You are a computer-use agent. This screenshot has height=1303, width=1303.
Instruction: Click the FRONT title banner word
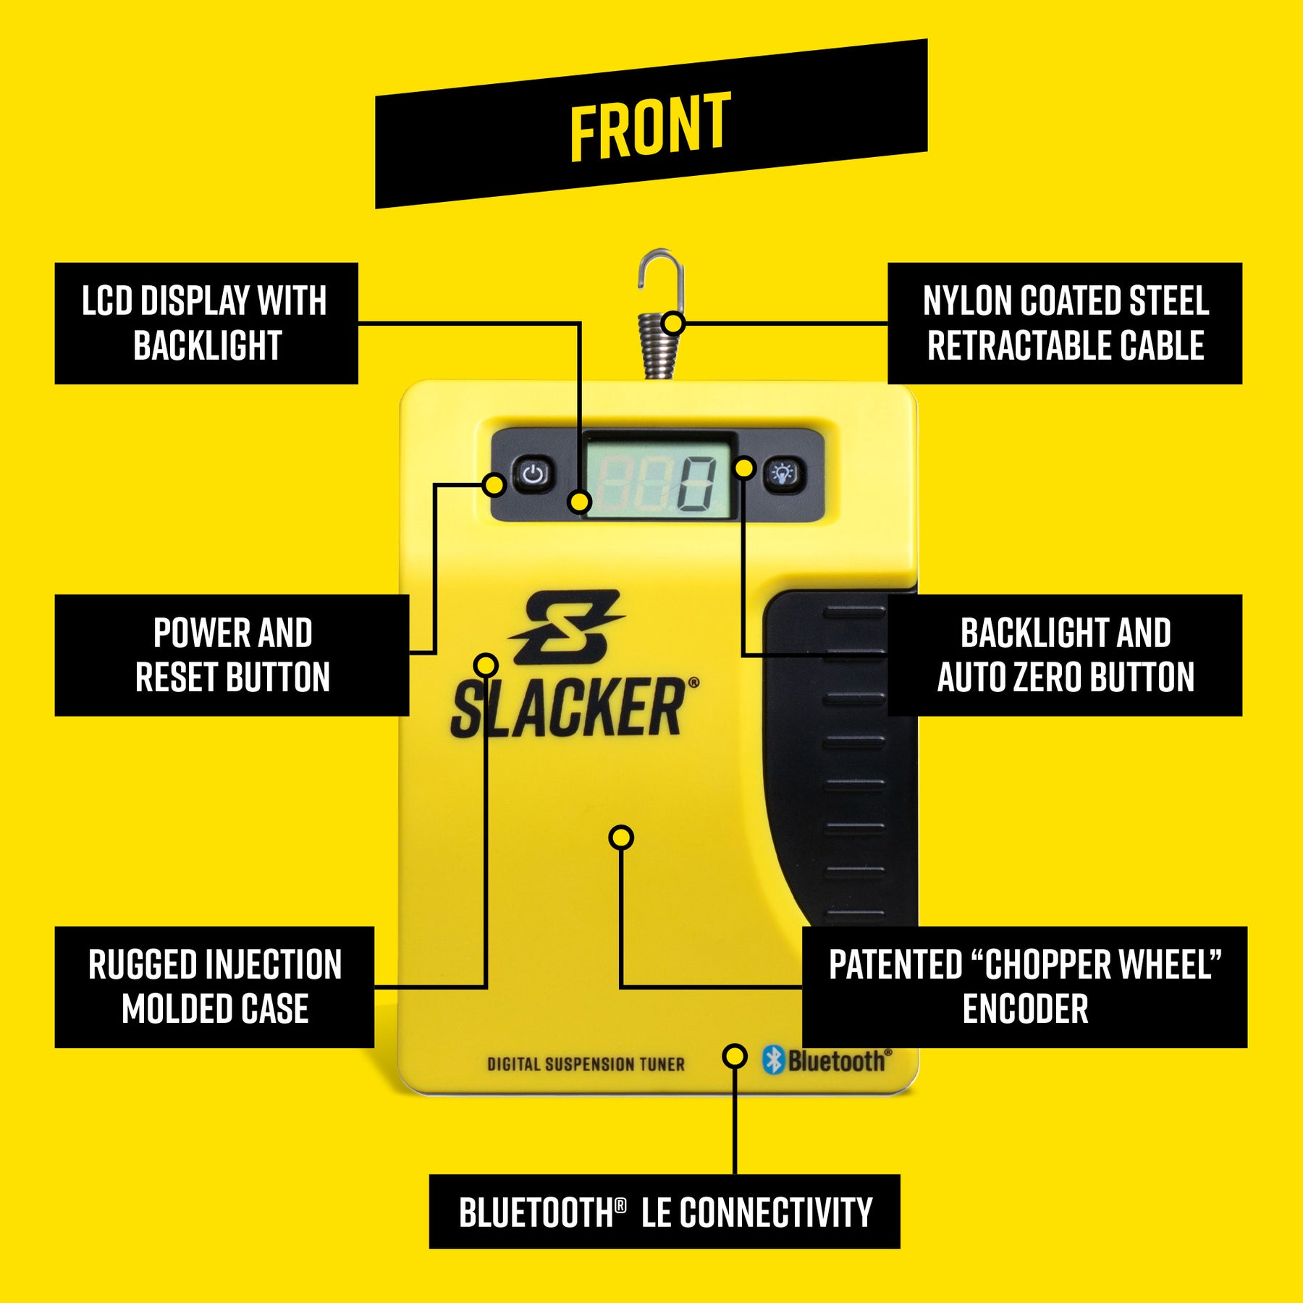[650, 126]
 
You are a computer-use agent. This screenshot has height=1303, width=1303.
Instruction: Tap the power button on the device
[534, 475]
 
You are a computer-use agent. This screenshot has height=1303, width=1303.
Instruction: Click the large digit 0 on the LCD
[696, 484]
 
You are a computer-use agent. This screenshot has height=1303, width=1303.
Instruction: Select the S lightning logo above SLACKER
[566, 627]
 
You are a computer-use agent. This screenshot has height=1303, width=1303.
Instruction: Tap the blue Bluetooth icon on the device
[774, 1060]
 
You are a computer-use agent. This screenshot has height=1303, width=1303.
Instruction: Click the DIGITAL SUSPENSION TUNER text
[586, 1064]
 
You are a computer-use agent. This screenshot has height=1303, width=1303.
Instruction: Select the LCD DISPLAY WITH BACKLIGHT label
[206, 323]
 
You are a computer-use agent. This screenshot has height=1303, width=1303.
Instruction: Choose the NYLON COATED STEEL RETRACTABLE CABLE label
[1065, 323]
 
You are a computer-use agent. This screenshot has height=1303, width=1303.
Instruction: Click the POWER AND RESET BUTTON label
[232, 655]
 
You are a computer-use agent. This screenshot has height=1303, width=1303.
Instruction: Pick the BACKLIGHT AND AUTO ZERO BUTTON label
[1065, 655]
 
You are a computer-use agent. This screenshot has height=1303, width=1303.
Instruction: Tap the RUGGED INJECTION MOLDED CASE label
[214, 987]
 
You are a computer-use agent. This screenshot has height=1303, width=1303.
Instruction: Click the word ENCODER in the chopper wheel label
[1025, 1009]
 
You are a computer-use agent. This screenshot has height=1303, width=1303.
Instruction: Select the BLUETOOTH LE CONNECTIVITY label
[665, 1213]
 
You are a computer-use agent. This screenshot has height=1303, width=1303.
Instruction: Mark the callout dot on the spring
[673, 323]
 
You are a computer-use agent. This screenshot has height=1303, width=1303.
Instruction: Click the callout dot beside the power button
[494, 484]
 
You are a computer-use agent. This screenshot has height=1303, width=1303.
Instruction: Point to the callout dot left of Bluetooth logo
[735, 1056]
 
